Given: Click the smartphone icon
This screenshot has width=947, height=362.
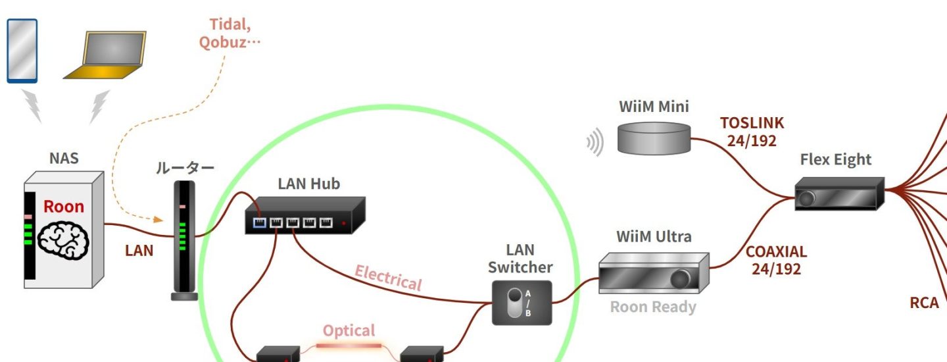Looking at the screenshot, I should tap(22, 51).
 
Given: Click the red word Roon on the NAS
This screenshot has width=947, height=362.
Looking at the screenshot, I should tap(64, 207).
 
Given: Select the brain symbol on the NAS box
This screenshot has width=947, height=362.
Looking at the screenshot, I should tap(62, 238).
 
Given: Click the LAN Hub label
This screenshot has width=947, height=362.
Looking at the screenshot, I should tap(308, 184).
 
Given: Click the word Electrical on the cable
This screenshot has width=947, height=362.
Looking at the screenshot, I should tap(388, 278).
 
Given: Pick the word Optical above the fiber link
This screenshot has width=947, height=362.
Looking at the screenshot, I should tap(349, 330).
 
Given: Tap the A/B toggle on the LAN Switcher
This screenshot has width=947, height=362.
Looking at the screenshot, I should tap(514, 303).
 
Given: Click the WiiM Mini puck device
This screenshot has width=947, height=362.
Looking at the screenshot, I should tap(654, 138).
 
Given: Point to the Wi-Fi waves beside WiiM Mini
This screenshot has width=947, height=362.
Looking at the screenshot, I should tap(595, 142).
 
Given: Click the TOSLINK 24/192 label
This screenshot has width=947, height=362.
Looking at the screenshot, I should tap(752, 132).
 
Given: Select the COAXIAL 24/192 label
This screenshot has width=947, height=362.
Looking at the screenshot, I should tap(776, 261).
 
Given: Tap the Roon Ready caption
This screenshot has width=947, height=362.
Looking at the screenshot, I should tap(652, 307).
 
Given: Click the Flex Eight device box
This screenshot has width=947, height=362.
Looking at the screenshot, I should tap(839, 194).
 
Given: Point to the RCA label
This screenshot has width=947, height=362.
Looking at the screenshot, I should tap(924, 303).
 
